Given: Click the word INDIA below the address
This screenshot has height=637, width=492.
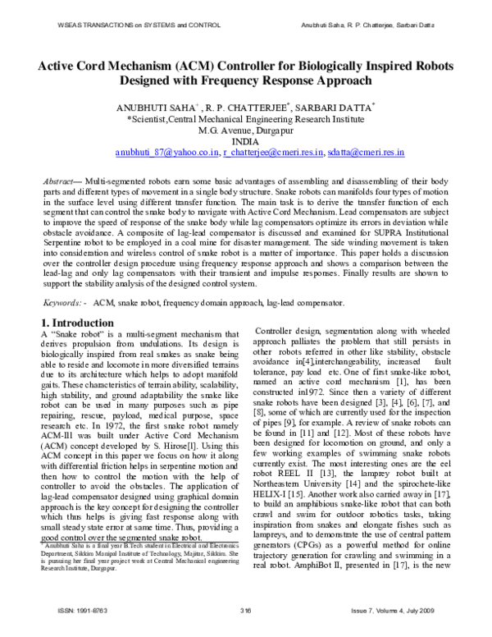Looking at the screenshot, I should tap(245, 140).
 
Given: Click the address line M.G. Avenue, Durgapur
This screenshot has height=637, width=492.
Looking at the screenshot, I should tap(245, 129).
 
